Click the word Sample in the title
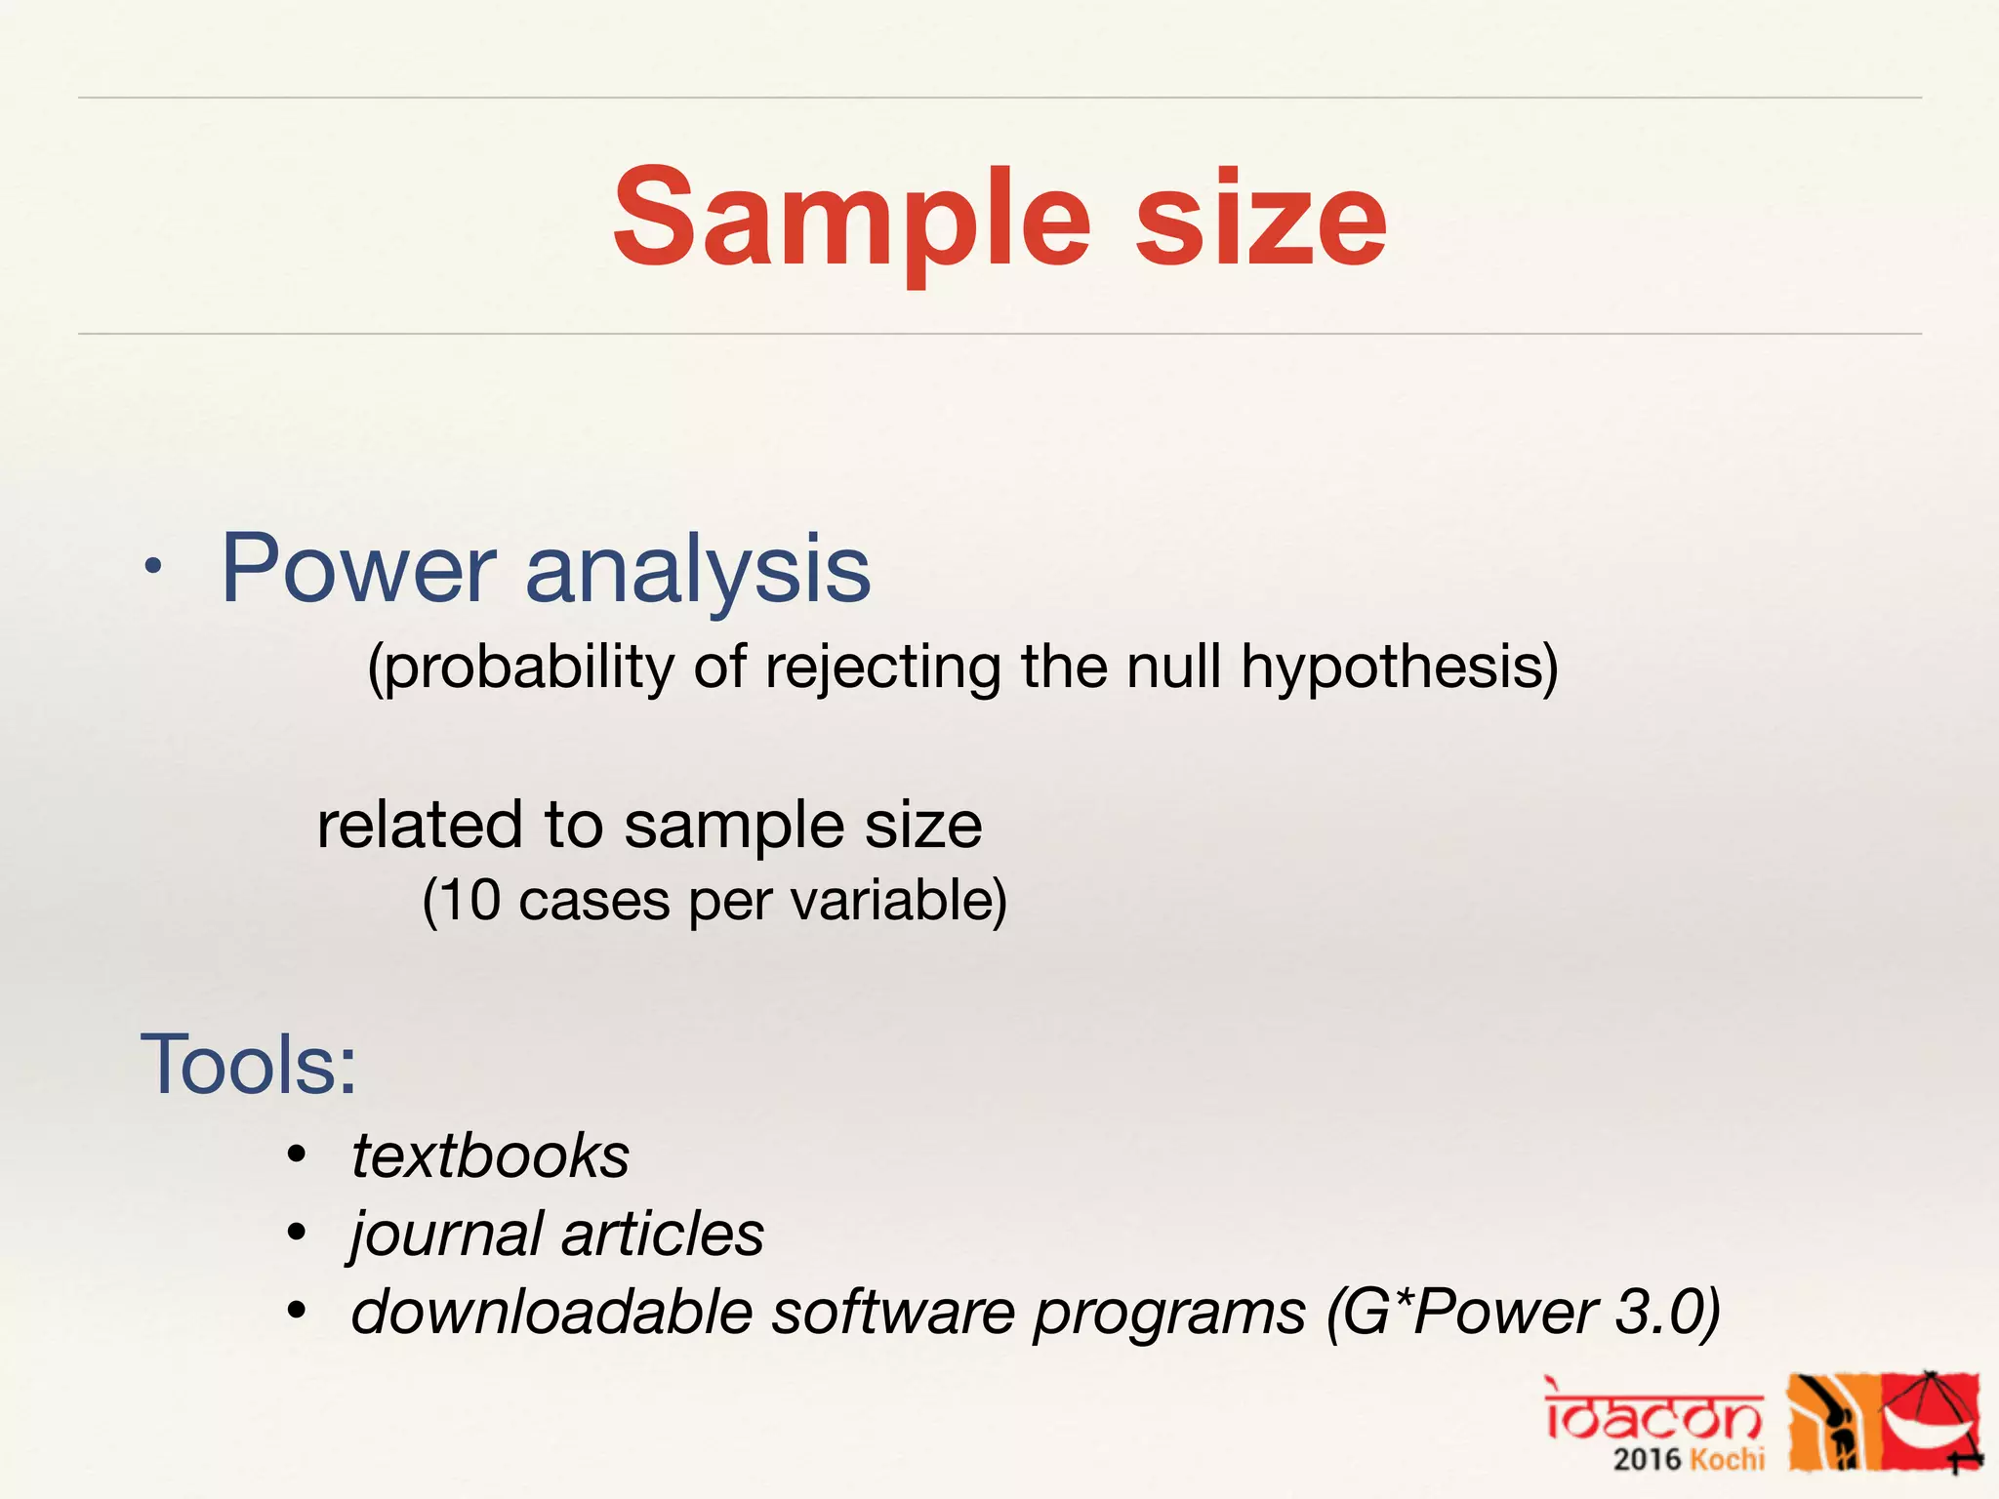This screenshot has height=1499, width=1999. click(x=849, y=220)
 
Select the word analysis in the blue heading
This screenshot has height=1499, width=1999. click(x=697, y=571)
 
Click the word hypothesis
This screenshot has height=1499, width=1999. click(x=1399, y=669)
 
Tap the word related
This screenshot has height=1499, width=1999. click(x=421, y=826)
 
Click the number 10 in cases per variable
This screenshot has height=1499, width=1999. click(x=472, y=900)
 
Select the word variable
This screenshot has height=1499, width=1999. click(x=898, y=900)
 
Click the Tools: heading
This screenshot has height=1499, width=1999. click(x=249, y=1065)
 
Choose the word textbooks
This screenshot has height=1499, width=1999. click(x=490, y=1156)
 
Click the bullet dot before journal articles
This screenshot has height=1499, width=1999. click(x=298, y=1233)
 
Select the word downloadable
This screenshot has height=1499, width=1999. click(x=551, y=1312)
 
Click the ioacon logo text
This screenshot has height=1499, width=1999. click(x=1653, y=1416)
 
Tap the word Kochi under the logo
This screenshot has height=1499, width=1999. click(x=1727, y=1460)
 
